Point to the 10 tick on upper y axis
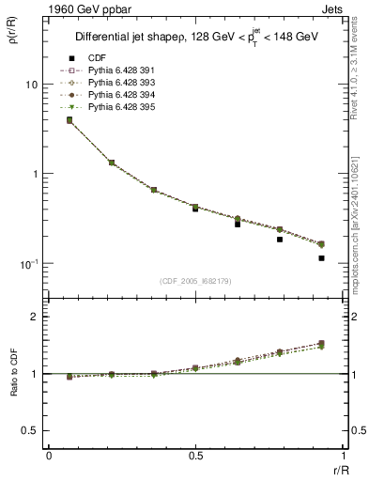click(x=30, y=85)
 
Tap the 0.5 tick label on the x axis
click(x=194, y=457)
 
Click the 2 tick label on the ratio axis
click(x=35, y=317)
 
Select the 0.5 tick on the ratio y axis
click(x=30, y=430)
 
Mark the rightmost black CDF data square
click(x=321, y=258)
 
